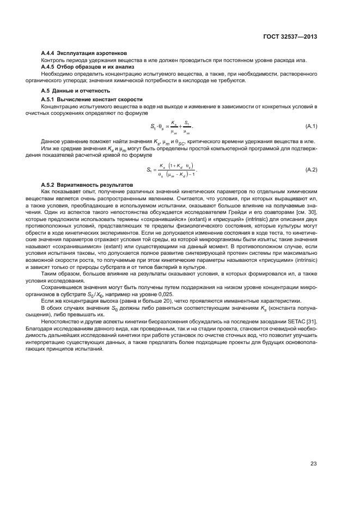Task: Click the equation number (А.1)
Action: tap(311, 126)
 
